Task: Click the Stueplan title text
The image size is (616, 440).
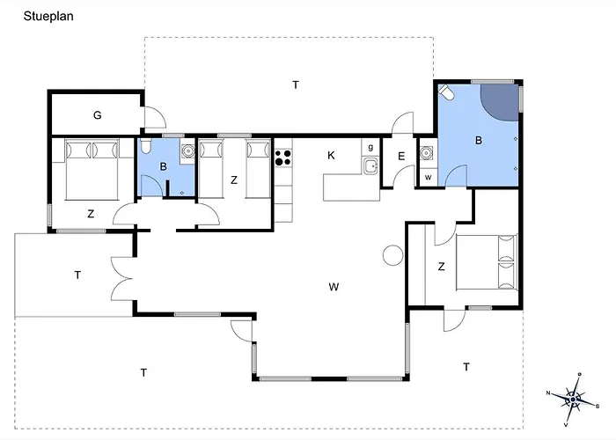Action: click(x=48, y=16)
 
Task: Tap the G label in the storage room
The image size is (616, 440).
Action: click(x=98, y=115)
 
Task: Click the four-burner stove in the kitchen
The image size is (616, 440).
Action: click(x=282, y=158)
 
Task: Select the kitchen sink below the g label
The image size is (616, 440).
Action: click(x=370, y=165)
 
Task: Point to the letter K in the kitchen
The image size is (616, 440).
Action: click(x=331, y=156)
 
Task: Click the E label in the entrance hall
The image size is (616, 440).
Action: click(x=401, y=157)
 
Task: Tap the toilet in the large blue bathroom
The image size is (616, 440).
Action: click(x=446, y=92)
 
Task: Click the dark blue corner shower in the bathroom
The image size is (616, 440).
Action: click(x=500, y=101)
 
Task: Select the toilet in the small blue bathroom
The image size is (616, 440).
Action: click(x=145, y=146)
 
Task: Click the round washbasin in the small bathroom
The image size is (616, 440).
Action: click(x=188, y=150)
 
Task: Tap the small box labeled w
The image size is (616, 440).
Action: click(x=429, y=177)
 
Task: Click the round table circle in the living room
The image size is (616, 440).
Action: click(x=392, y=255)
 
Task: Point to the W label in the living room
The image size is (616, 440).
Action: click(x=334, y=287)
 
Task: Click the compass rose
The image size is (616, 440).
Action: click(x=573, y=400)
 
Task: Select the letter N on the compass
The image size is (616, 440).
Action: click(x=548, y=392)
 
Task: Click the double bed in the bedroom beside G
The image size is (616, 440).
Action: click(x=92, y=169)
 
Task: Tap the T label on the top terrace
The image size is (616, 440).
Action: click(x=296, y=84)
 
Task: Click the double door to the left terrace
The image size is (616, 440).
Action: click(x=122, y=279)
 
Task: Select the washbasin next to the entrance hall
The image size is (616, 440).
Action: click(x=426, y=152)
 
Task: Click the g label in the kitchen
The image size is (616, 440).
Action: click(x=370, y=147)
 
